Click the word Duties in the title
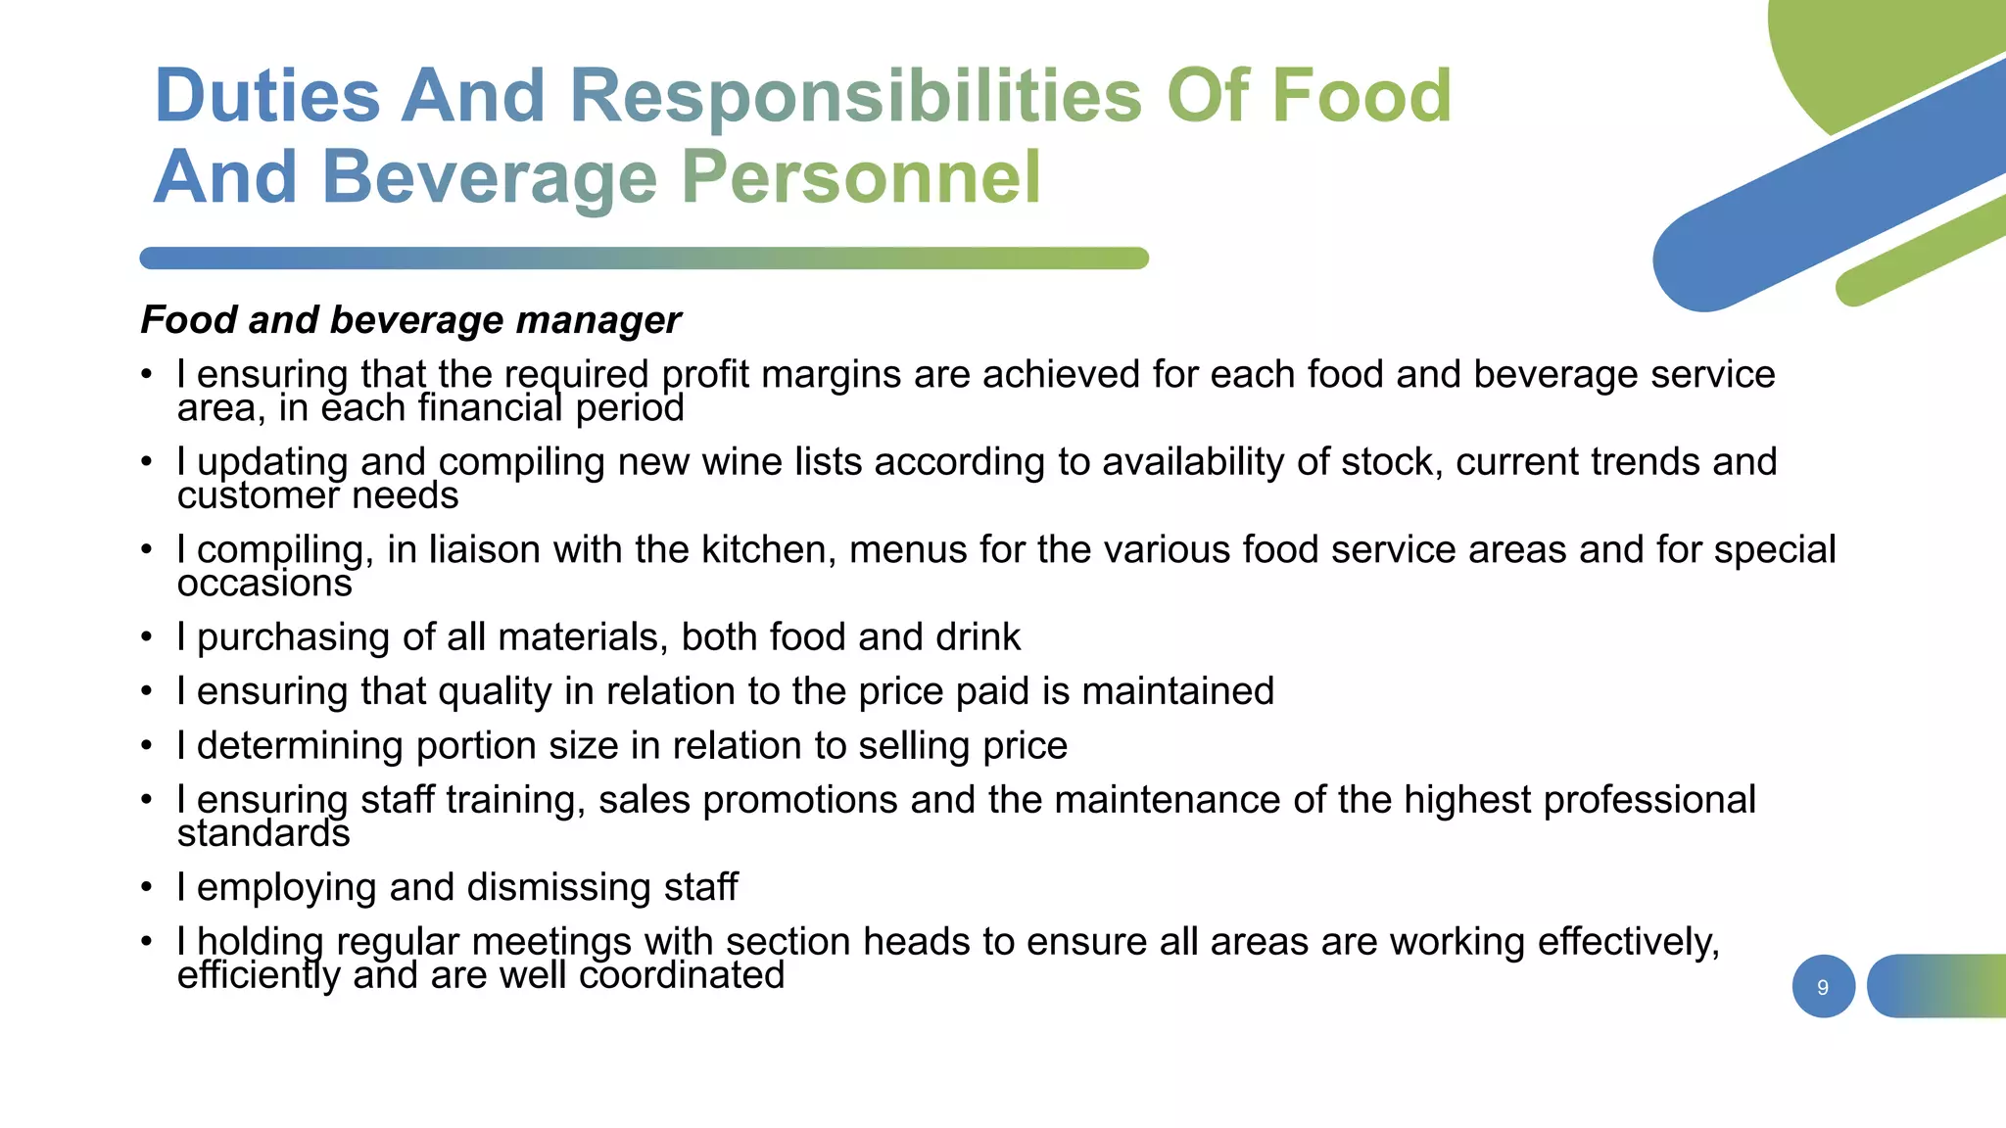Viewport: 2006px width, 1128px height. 267,96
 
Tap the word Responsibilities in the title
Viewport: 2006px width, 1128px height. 855,96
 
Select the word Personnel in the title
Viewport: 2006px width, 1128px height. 861,177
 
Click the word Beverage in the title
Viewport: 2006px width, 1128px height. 490,177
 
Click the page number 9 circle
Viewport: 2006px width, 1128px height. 1823,987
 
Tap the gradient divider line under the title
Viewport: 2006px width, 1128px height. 644,258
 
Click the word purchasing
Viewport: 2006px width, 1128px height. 293,638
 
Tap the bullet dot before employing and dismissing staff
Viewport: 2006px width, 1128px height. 147,887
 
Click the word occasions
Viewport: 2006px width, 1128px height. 264,584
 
